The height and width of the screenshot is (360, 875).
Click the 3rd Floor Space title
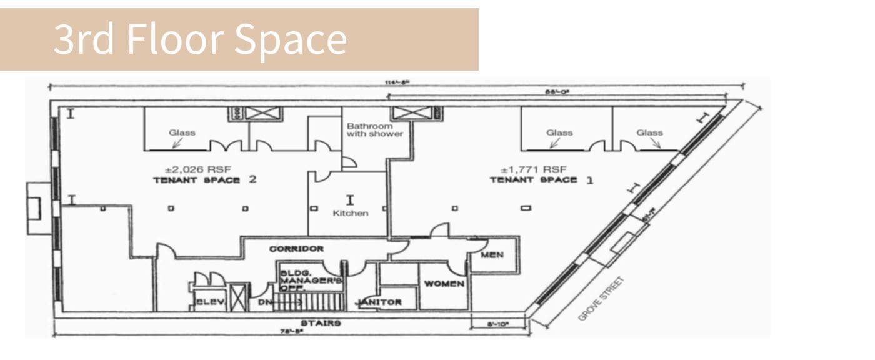pyautogui.click(x=200, y=39)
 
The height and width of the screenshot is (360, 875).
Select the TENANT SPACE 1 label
pyautogui.click(x=542, y=180)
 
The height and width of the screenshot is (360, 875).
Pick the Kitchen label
pyautogui.click(x=350, y=213)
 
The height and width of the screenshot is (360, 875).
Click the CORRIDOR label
pyautogui.click(x=296, y=249)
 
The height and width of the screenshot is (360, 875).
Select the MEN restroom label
pyautogui.click(x=493, y=255)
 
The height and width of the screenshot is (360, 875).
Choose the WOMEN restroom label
pyautogui.click(x=444, y=284)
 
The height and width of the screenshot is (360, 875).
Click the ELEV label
pyautogui.click(x=206, y=302)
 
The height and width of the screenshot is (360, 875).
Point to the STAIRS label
pyautogui.click(x=321, y=323)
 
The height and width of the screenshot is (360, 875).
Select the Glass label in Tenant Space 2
pyautogui.click(x=182, y=132)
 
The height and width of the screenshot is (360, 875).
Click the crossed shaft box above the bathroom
pyautogui.click(x=407, y=113)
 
